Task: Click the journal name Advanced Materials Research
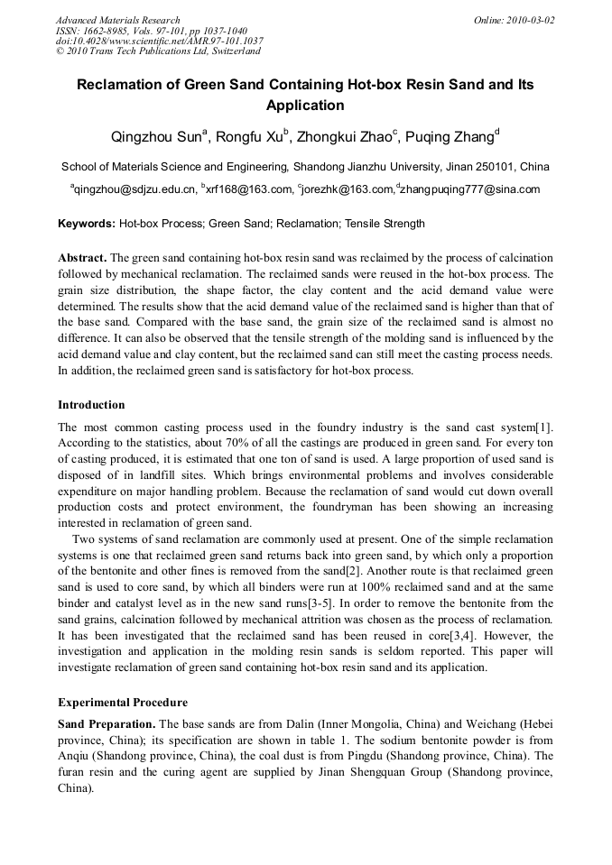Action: point(117,20)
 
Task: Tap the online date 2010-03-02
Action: point(530,20)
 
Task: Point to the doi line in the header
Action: point(159,41)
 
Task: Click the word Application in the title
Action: point(305,106)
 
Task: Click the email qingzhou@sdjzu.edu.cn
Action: point(134,189)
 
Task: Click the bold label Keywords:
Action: point(87,224)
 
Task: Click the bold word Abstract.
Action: point(83,257)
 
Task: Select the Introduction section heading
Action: point(91,405)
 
